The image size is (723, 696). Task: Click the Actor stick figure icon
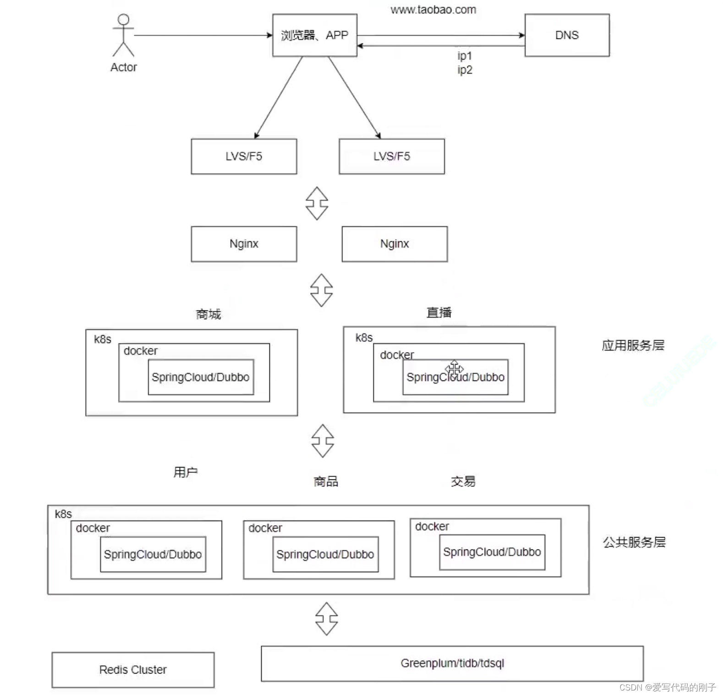(123, 35)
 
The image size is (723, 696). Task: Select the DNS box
(567, 35)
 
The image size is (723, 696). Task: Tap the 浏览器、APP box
(314, 35)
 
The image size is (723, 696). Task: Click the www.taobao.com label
(433, 10)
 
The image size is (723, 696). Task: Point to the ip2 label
(465, 70)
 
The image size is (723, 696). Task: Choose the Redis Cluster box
(133, 669)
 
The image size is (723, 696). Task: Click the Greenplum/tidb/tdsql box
(452, 663)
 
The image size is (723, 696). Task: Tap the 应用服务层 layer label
(633, 345)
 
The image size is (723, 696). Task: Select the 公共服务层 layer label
(634, 542)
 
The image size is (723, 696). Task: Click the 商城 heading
(208, 314)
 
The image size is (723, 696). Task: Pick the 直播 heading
(439, 312)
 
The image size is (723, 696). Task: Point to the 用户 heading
(186, 472)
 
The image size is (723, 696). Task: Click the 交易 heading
(463, 481)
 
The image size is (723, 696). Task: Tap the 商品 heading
(326, 481)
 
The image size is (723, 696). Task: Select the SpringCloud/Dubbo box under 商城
(201, 377)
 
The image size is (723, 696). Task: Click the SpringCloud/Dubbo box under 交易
(492, 552)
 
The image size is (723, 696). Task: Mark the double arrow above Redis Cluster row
(327, 619)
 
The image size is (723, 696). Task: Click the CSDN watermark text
(667, 687)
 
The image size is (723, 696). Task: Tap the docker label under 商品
(265, 528)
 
